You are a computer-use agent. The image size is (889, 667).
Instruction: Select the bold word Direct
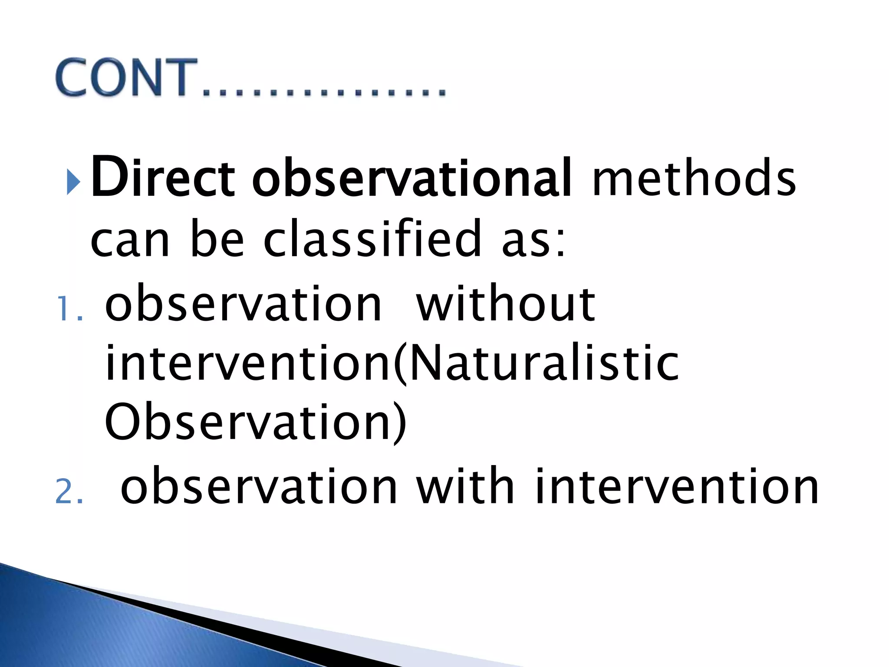point(163,178)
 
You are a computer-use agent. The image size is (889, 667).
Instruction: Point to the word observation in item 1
point(243,304)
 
